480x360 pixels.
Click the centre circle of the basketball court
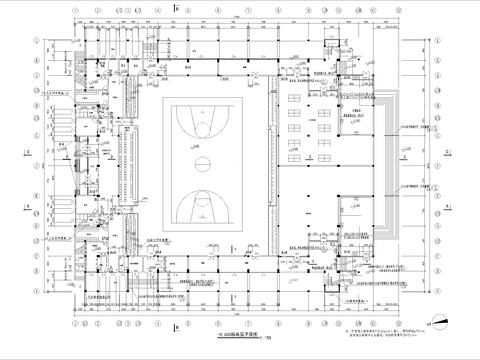(200, 161)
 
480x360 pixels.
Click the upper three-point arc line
(200, 127)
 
